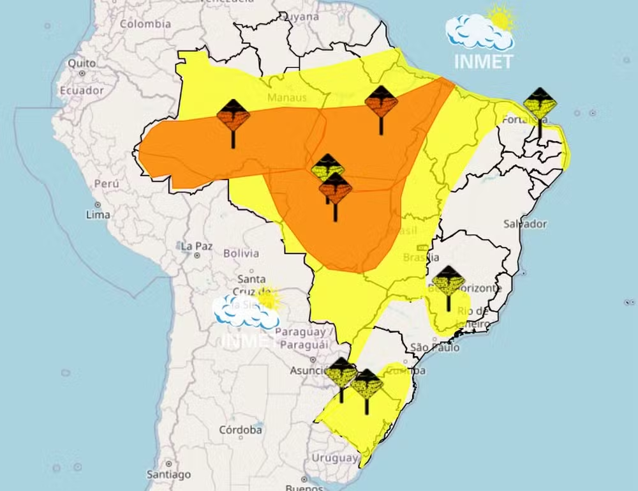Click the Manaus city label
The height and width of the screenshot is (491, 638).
coord(286,98)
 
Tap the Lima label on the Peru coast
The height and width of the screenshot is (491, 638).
coord(98,215)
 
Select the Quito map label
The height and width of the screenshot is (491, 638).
coord(82,63)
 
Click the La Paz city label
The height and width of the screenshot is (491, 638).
coord(196,246)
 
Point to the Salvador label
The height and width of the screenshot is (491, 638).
coord(524,224)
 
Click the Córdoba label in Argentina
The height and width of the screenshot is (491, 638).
coord(240,430)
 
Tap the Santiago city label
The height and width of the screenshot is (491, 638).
coord(168,474)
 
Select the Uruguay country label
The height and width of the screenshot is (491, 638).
coord(334,458)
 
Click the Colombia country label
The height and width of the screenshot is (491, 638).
coord(145,24)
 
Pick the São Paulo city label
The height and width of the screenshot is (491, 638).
coord(435,348)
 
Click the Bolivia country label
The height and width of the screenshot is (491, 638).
coord(241,253)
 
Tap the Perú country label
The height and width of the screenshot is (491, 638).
coord(107,183)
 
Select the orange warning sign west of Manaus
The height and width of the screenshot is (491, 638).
coord(233,116)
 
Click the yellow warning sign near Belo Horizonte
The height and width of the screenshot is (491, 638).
coord(449,282)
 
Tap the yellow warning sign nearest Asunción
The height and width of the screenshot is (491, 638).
coord(341,373)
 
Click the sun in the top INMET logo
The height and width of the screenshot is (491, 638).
coord(502,18)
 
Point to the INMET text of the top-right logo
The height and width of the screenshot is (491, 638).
coord(484,62)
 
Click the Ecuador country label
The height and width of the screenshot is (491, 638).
coord(81,91)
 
